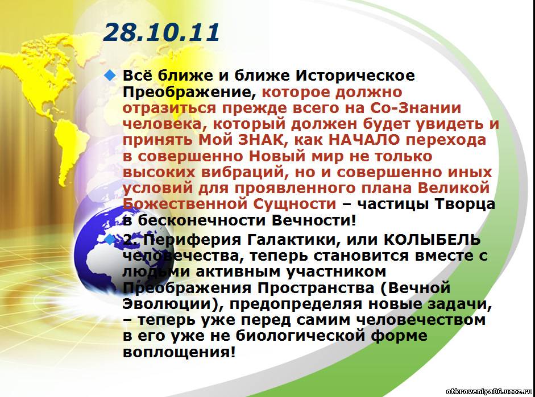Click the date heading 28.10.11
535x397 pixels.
(x=161, y=32)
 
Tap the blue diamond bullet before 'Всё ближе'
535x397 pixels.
(x=110, y=76)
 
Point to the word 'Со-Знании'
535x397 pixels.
(x=415, y=108)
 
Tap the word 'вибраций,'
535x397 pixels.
(x=243, y=173)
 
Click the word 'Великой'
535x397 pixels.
(x=454, y=188)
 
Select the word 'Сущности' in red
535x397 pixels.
(x=295, y=204)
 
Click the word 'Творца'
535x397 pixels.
(x=465, y=204)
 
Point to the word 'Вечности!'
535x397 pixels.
(x=314, y=220)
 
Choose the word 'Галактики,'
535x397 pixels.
(x=293, y=240)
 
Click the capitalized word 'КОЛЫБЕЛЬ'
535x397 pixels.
(x=432, y=240)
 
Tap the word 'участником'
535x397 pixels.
(x=336, y=272)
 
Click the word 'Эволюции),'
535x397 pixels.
(x=172, y=304)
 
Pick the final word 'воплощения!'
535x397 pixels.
(x=179, y=352)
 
